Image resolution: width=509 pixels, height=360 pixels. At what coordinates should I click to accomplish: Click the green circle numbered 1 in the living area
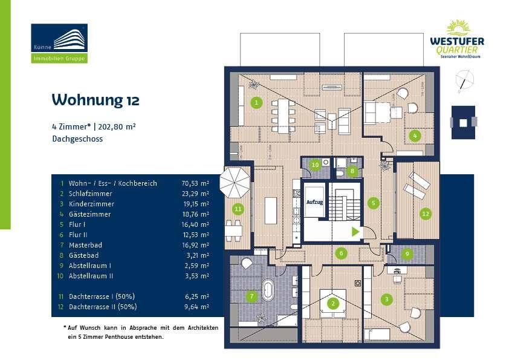coord(257,102)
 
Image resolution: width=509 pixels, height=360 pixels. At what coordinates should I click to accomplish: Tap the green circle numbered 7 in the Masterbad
coord(252,296)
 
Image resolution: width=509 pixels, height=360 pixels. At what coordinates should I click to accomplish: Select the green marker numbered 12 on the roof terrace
coord(426,214)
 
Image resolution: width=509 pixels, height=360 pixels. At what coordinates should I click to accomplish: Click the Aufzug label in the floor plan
coord(314,203)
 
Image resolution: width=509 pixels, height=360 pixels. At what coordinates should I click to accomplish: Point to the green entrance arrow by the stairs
coord(355,231)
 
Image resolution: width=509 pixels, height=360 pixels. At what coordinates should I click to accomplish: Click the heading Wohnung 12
coord(96,99)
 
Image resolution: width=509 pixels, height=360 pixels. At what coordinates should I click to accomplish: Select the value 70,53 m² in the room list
coord(195,183)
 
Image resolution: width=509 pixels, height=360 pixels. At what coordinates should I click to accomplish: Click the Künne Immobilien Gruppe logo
coord(59,44)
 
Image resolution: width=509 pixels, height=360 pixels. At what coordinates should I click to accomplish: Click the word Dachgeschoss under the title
coord(77,139)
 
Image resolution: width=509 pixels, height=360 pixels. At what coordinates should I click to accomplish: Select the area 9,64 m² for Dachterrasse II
coord(196,307)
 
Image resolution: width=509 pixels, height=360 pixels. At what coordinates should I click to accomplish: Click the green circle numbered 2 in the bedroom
coord(332,304)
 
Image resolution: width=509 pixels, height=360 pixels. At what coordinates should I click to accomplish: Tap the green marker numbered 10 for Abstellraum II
coord(314,165)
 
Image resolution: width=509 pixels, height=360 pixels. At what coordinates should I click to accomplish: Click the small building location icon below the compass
coord(463,122)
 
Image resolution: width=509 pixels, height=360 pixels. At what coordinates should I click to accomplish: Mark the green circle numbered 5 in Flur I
coord(374,203)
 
